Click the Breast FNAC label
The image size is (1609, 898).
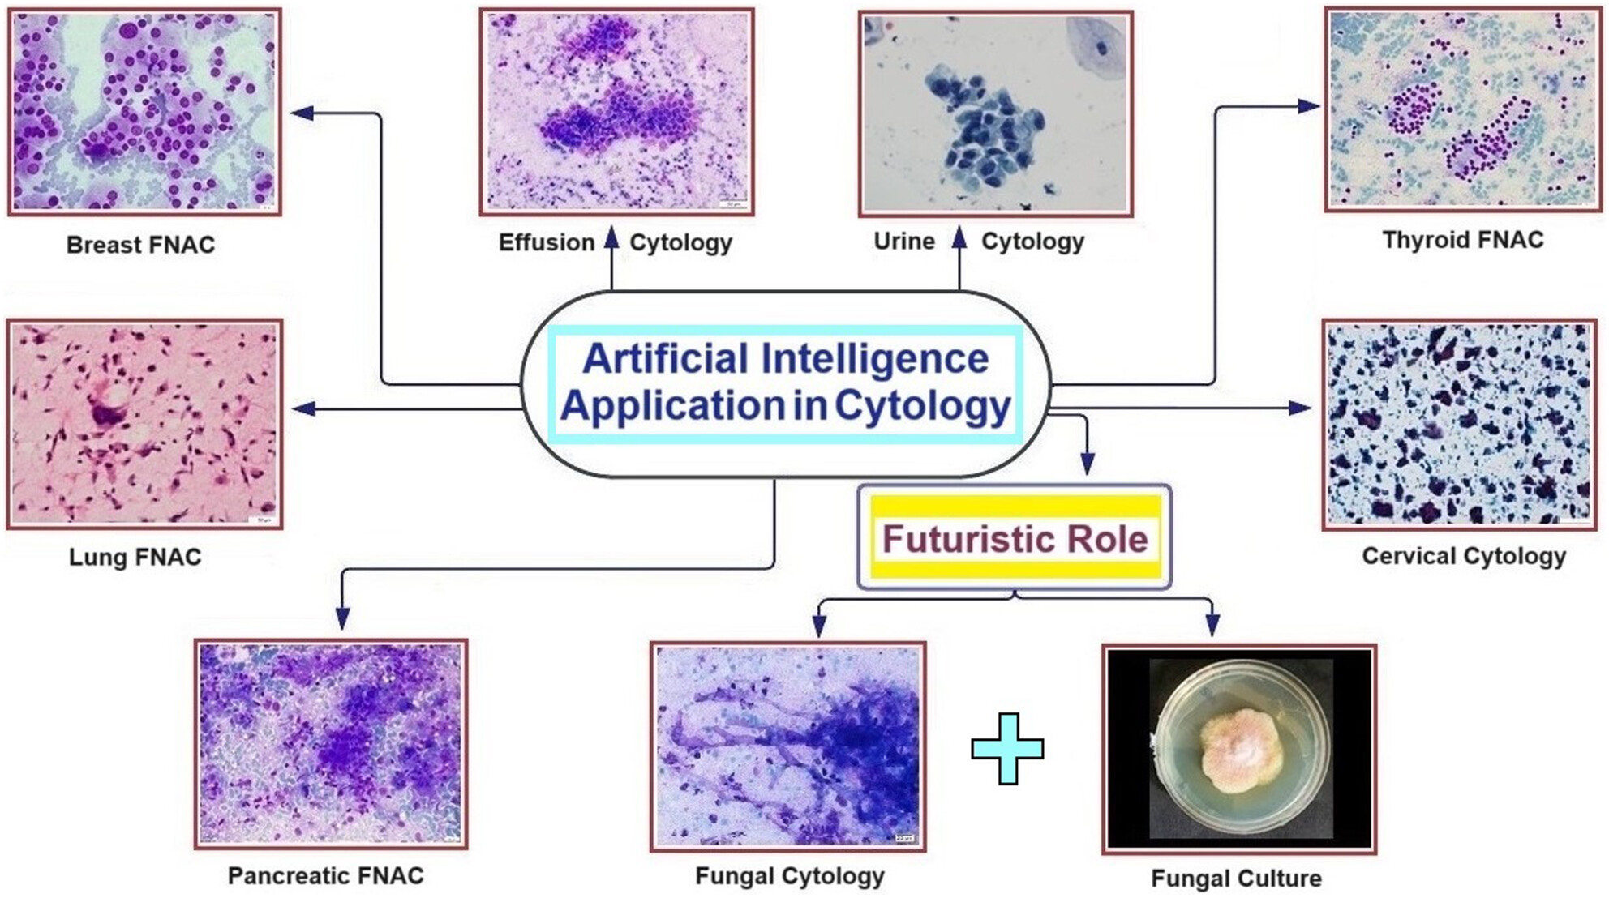coord(140,245)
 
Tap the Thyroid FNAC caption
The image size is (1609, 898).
coord(1463,240)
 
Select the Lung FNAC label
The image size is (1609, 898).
coord(135,557)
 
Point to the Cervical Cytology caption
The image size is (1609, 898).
coord(1464,556)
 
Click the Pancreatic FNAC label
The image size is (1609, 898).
coord(325,875)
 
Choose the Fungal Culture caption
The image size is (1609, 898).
coord(1236,879)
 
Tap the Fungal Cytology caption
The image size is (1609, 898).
coord(789,876)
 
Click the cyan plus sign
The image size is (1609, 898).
coord(1007,749)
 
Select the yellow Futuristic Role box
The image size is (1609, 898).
coord(1015,537)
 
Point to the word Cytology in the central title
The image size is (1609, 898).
coord(923,405)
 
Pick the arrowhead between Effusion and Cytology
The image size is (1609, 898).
coord(611,237)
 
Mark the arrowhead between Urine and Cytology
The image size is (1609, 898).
coord(959,237)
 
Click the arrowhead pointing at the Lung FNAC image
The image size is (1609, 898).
coord(303,408)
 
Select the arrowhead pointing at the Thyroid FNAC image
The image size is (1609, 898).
coord(1309,106)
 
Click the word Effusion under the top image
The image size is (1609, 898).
coord(547,242)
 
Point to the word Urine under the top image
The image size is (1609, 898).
coord(904,241)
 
